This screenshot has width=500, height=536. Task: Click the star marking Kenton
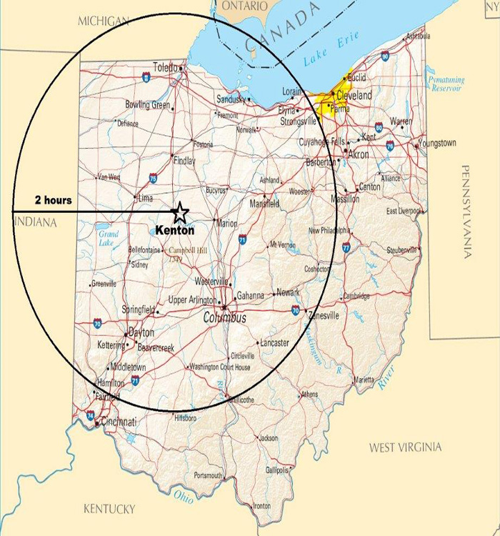pyautogui.click(x=180, y=212)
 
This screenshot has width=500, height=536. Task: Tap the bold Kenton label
pyautogui.click(x=175, y=231)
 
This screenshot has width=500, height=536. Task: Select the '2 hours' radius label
pyautogui.click(x=54, y=200)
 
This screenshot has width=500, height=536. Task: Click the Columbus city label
pyautogui.click(x=225, y=317)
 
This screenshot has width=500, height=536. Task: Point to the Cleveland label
pyautogui.click(x=354, y=95)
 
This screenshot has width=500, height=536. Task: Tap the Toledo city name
pyautogui.click(x=166, y=69)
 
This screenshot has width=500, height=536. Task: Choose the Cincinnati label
pyautogui.click(x=119, y=422)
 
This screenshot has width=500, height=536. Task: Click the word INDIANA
pyautogui.click(x=35, y=223)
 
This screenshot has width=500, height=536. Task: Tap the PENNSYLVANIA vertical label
pyautogui.click(x=467, y=212)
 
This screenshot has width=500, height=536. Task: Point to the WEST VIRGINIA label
pyautogui.click(x=405, y=447)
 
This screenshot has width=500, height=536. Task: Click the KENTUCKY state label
pyautogui.click(x=109, y=509)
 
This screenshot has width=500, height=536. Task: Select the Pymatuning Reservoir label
pyautogui.click(x=446, y=84)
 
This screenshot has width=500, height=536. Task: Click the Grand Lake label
pyautogui.click(x=109, y=238)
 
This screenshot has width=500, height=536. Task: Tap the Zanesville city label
pyautogui.click(x=324, y=315)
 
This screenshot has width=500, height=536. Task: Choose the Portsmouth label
pyautogui.click(x=209, y=475)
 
